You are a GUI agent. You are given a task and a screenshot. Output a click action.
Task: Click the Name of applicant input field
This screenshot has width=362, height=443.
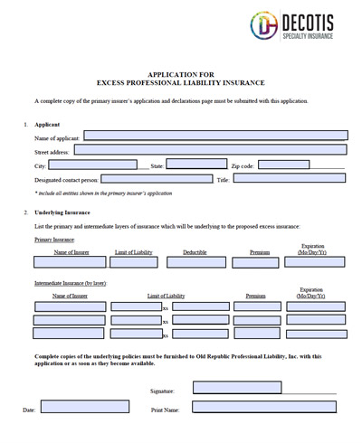pyautogui.click(x=215, y=136)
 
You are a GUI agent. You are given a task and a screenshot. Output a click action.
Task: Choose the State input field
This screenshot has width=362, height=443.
pyautogui.click(x=196, y=165)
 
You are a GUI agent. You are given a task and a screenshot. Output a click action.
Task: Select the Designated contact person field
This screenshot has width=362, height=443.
pyautogui.click(x=150, y=179)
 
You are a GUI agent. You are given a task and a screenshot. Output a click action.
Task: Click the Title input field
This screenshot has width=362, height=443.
pyautogui.click(x=290, y=179)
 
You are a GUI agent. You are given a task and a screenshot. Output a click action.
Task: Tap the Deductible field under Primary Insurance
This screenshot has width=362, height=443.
pyautogui.click(x=195, y=262)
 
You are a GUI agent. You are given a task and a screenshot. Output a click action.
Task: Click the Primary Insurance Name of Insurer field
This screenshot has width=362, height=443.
pyautogui.click(x=69, y=262)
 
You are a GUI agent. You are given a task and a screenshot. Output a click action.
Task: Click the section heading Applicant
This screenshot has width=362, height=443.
pyautogui.click(x=47, y=123)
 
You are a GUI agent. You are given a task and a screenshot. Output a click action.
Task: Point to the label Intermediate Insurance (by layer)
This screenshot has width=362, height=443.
pyautogui.click(x=71, y=284)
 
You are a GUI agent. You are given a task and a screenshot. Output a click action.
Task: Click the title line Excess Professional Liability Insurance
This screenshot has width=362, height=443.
pyautogui.click(x=181, y=82)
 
